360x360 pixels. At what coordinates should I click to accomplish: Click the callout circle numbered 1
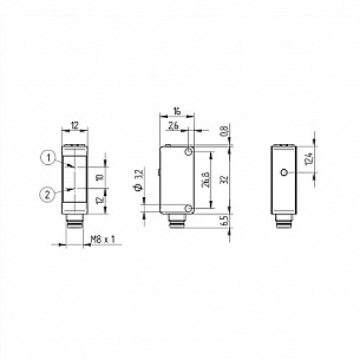pos(46,158)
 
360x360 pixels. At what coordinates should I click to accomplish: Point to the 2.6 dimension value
pos(174,126)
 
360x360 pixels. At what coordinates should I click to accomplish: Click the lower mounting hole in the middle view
pos(188,208)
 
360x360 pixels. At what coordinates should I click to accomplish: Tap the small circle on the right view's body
pos(285,173)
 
